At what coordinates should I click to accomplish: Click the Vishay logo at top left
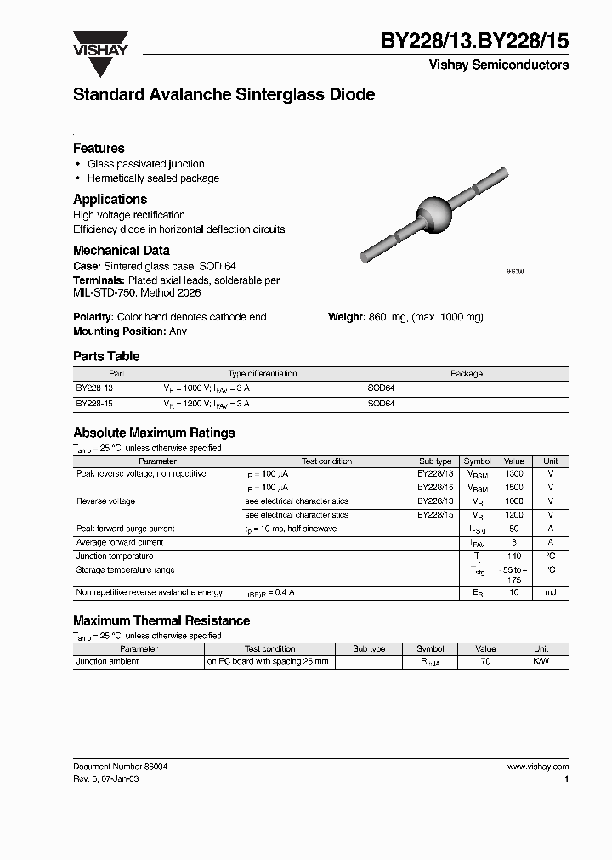(x=99, y=43)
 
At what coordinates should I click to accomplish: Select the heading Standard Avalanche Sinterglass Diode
(x=224, y=95)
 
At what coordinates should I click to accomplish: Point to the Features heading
(x=99, y=148)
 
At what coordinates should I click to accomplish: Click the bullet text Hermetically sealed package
(x=153, y=178)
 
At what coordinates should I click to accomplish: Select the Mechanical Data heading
(x=121, y=251)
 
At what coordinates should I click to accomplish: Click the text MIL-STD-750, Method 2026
(x=137, y=293)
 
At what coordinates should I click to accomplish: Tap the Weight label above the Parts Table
(x=347, y=317)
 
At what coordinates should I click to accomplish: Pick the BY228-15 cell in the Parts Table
(x=93, y=404)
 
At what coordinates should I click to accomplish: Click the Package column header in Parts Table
(x=466, y=373)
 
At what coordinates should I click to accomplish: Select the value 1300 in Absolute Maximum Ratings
(x=513, y=473)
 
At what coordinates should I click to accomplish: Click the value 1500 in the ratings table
(x=513, y=488)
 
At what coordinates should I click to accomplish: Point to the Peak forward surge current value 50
(x=513, y=529)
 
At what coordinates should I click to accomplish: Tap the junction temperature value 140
(x=513, y=556)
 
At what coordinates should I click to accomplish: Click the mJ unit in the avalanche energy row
(x=551, y=591)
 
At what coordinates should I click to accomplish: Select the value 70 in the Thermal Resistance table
(x=485, y=661)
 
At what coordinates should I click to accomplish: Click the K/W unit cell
(x=541, y=661)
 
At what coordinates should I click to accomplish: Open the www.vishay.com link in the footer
(x=538, y=766)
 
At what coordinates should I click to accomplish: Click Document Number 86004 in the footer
(x=120, y=766)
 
